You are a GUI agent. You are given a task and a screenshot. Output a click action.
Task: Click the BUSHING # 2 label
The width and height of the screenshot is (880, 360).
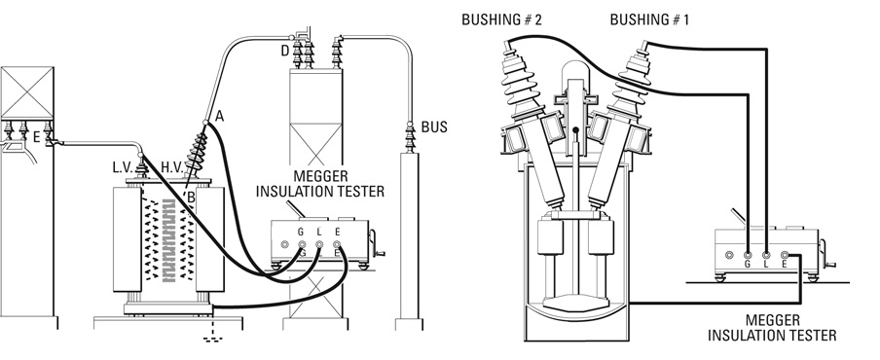501,20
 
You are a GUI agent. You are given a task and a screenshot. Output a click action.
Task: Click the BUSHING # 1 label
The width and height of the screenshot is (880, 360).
649,20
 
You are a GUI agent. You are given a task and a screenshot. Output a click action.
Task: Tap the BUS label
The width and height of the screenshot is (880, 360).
434,127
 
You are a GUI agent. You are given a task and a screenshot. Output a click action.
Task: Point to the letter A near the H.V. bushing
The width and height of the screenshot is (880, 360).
219,116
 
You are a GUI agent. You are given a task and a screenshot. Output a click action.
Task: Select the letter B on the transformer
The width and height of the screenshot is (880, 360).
191,197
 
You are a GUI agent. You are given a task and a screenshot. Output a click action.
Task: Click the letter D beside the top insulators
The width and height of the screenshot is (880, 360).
285,51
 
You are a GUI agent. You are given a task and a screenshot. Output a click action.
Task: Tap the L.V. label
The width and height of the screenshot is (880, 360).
123,166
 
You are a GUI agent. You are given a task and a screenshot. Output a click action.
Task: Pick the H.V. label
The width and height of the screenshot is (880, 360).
171,166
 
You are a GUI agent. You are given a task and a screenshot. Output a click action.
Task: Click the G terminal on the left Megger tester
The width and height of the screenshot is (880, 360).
302,244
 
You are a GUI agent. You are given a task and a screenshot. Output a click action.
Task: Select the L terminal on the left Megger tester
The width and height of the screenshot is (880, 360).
319,244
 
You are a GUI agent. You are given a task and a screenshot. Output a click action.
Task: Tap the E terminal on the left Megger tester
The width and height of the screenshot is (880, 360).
337,244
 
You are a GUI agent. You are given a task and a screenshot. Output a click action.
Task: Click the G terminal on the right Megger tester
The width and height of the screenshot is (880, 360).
748,255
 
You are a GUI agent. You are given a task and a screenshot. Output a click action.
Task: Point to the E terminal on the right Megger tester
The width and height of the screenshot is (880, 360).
785,255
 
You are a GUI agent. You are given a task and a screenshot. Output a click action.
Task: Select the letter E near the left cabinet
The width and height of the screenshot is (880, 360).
36,136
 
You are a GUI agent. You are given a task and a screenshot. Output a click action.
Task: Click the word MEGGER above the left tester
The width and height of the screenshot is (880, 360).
320,178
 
